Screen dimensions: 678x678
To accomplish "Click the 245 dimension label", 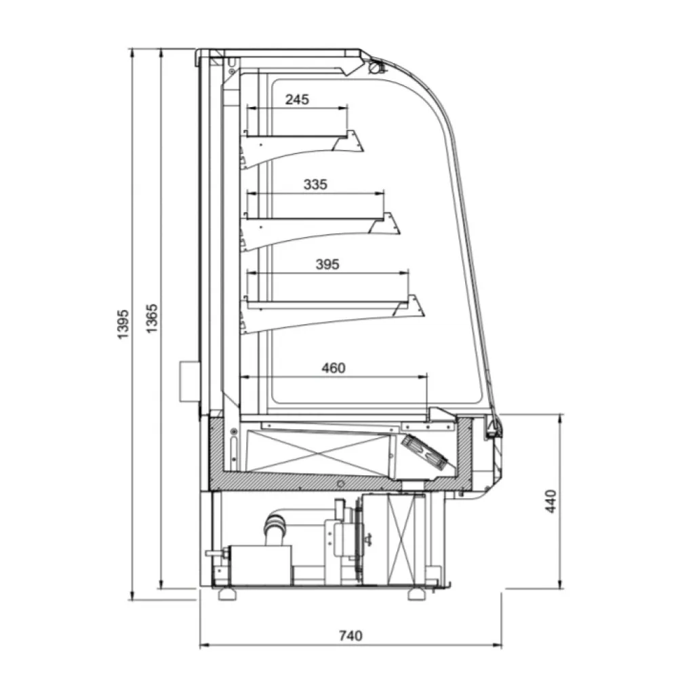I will (296, 100).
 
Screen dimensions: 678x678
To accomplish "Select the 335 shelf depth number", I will (316, 184).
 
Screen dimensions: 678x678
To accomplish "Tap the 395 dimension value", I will (327, 264).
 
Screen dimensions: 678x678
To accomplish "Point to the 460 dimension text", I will (333, 368).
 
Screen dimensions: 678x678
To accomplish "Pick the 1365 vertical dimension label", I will (153, 317).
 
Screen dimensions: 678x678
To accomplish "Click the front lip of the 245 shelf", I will (353, 139).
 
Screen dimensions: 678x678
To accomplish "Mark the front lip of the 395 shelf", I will (415, 305).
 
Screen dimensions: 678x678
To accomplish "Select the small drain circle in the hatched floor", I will (341, 483).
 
